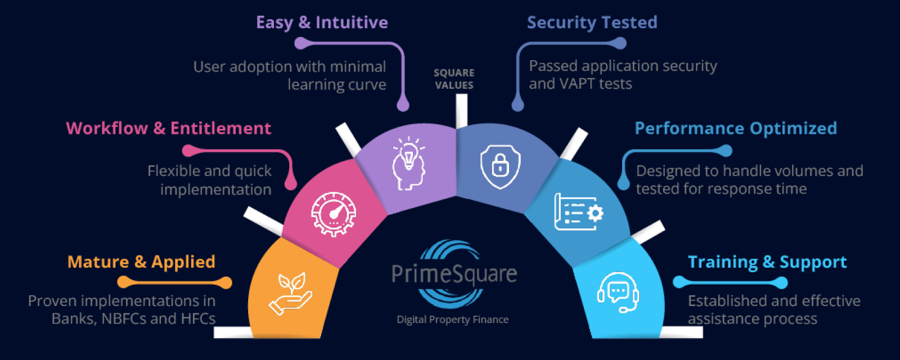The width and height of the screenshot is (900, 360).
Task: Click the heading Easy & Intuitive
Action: [322, 22]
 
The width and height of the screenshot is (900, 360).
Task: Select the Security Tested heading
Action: [592, 22]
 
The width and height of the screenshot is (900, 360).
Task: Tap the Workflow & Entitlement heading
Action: [168, 128]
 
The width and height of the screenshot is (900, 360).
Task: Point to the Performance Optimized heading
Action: [736, 128]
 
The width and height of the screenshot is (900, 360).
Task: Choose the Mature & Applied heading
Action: [141, 262]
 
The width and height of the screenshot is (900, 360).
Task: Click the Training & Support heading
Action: [767, 262]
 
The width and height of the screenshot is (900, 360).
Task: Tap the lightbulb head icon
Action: [408, 163]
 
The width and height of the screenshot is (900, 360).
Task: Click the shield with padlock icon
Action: [500, 166]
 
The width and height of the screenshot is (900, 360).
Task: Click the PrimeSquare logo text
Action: [454, 274]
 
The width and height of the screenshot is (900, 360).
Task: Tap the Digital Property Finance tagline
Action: [452, 319]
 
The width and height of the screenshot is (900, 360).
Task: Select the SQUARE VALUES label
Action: [454, 79]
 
